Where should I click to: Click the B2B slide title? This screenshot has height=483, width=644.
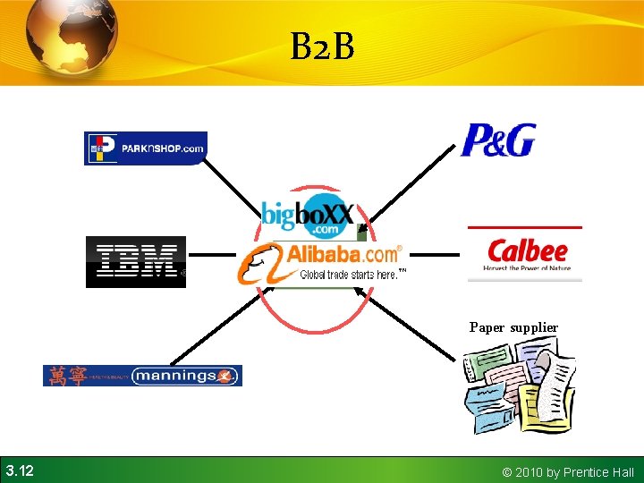[x=322, y=47]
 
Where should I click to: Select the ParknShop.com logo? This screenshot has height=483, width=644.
[x=145, y=148]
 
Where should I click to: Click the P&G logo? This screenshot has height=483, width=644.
[x=498, y=140]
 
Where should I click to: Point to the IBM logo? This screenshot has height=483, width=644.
[x=136, y=262]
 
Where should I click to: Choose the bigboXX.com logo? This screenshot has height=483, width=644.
[x=308, y=218]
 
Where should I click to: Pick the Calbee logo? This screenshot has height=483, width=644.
[x=527, y=253]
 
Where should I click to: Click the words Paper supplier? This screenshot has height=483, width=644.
[x=513, y=327]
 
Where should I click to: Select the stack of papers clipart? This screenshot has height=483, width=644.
[x=519, y=389]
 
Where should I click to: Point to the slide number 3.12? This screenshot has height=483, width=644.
[x=20, y=470]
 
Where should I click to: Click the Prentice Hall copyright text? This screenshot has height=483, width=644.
[x=568, y=471]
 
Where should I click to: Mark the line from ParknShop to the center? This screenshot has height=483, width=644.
[x=234, y=190]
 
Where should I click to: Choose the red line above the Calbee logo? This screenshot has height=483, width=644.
[x=524, y=228]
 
